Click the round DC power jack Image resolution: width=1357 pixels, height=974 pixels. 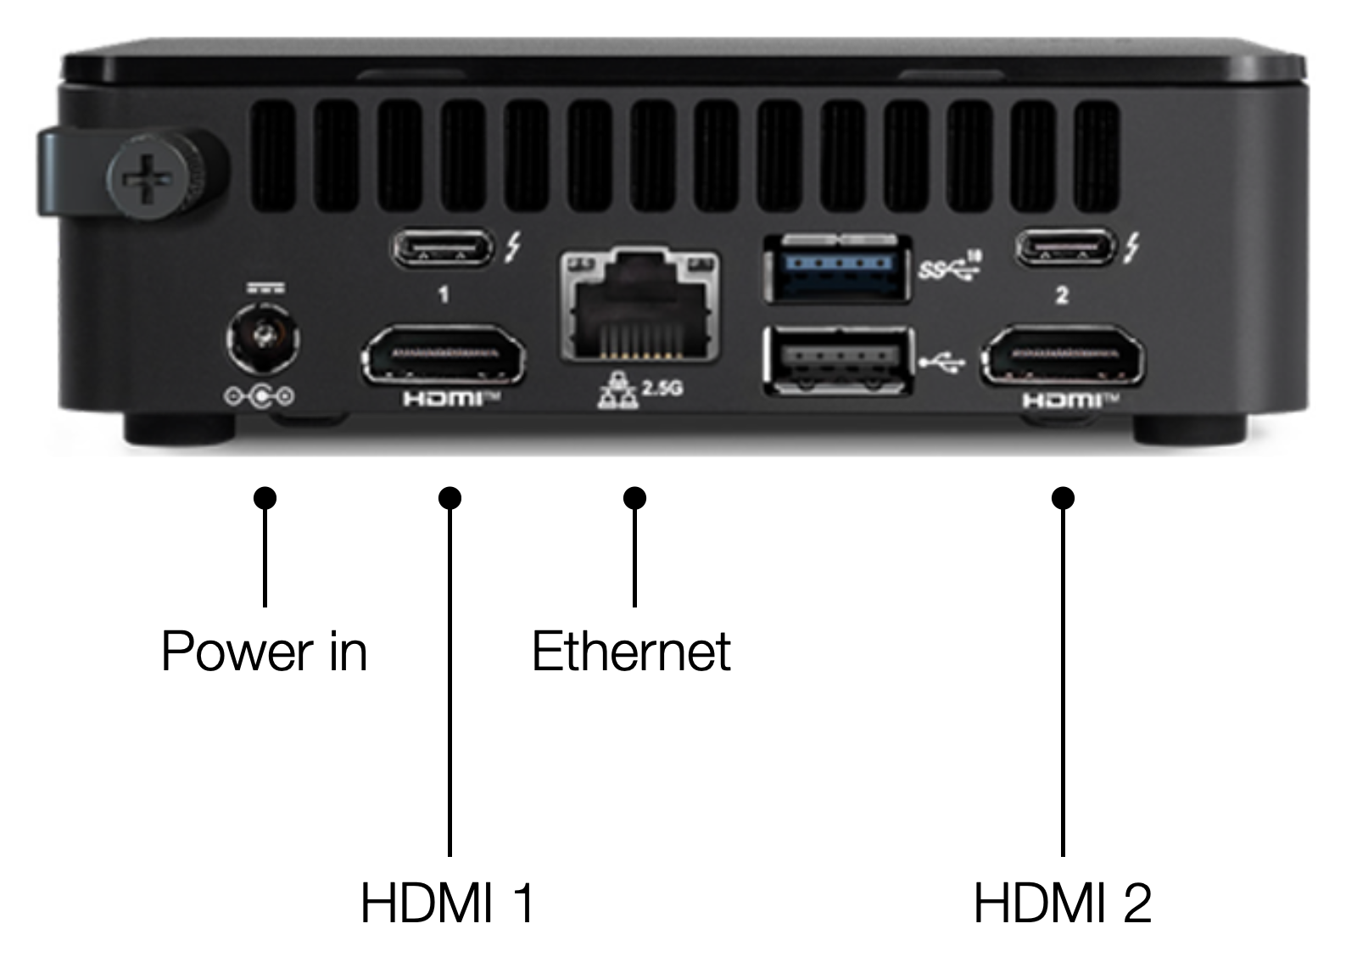pyautogui.click(x=263, y=338)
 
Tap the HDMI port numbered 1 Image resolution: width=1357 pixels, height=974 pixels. pyautogui.click(x=444, y=355)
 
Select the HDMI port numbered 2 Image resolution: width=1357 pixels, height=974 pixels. pyautogui.click(x=1063, y=355)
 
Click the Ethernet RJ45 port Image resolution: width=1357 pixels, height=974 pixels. pyautogui.click(x=639, y=306)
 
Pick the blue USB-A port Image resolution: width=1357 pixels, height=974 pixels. pyautogui.click(x=838, y=267)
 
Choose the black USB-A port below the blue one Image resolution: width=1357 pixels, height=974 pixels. pyautogui.click(x=839, y=361)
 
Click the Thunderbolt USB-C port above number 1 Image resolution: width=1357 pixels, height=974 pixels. pyautogui.click(x=442, y=247)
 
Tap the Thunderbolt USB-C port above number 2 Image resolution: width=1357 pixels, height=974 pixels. pyautogui.click(x=1065, y=247)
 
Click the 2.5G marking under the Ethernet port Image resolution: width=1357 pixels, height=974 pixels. pyautogui.click(x=662, y=387)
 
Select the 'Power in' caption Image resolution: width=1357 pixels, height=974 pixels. pyautogui.click(x=264, y=652)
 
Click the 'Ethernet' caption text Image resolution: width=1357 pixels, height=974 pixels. pyautogui.click(x=631, y=652)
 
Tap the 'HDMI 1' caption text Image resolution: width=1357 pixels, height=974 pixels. pyautogui.click(x=447, y=903)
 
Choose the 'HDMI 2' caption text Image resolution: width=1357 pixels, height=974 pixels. pyautogui.click(x=1063, y=903)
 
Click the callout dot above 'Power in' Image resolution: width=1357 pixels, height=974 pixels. pyautogui.click(x=265, y=498)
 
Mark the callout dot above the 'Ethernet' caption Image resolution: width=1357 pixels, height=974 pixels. pyautogui.click(x=634, y=498)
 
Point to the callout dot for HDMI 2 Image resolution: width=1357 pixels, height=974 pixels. pyautogui.click(x=1064, y=498)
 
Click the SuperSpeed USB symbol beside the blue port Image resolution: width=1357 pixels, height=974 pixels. pyautogui.click(x=949, y=266)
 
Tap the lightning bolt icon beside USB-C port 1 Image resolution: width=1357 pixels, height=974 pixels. pyautogui.click(x=512, y=247)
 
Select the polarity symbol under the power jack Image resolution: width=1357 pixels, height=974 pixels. pyautogui.click(x=260, y=397)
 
